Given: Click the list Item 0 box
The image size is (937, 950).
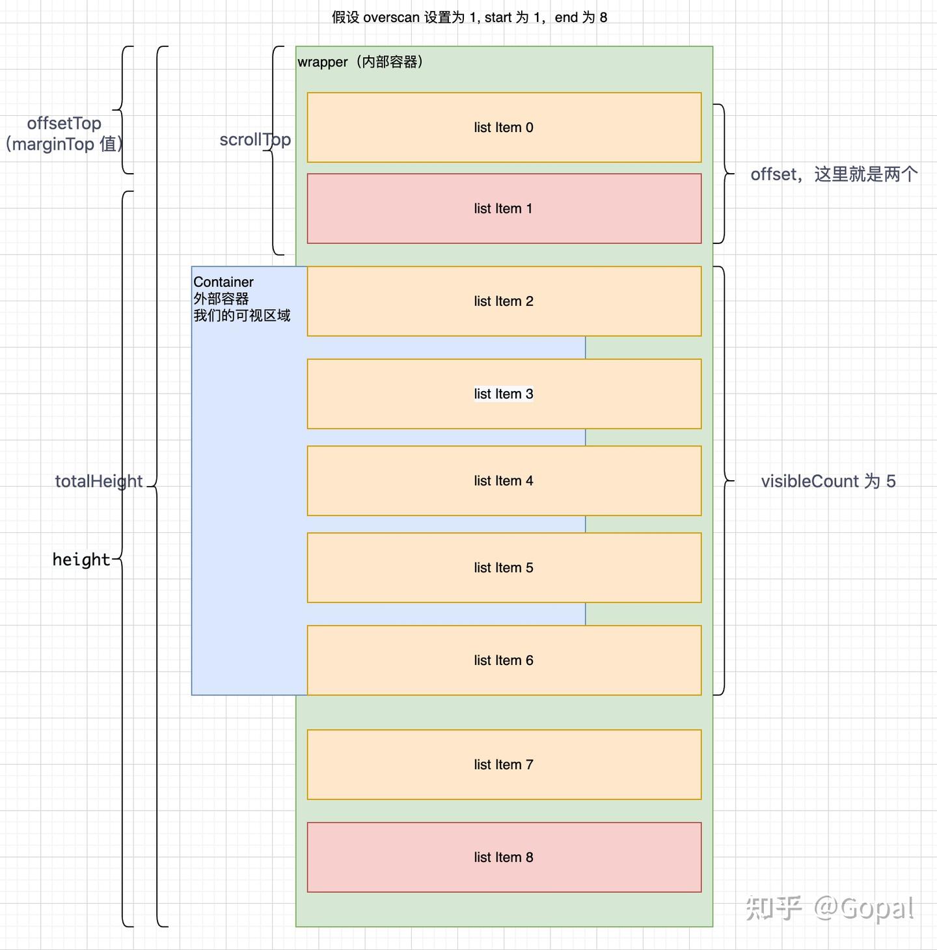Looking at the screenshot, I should coord(504,128).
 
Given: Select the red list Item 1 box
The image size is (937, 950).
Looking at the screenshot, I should coord(504,209).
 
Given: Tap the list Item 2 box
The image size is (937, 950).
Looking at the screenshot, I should coord(504,301).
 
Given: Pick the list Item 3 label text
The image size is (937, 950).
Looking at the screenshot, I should coord(504,394).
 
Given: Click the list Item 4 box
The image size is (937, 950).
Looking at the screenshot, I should coord(504,481).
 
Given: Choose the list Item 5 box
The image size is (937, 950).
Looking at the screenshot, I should coord(504,568).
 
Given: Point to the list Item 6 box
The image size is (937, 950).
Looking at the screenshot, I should coord(504,660).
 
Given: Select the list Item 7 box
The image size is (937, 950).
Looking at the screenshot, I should coord(504,765).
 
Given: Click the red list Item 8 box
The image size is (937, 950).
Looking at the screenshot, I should coord(504,858).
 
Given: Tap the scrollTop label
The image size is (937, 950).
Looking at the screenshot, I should coord(254,140).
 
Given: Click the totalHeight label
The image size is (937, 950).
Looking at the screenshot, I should coord(98,482).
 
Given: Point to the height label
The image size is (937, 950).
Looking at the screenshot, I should coord(81,560).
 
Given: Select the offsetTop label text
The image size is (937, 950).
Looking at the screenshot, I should coord(64,124).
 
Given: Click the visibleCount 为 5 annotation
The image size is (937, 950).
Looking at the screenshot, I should coord(828,482).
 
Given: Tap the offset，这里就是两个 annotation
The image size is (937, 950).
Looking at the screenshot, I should coord(834,174).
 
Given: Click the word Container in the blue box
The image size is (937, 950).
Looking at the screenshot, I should coord(223,282).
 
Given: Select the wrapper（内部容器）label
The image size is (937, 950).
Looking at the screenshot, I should coord(360,62).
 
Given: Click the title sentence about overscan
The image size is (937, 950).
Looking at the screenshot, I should coord(469,18).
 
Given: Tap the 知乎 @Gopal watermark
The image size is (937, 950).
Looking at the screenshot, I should coord(830,908).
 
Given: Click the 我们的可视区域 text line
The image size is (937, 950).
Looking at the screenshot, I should coord(241,316).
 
